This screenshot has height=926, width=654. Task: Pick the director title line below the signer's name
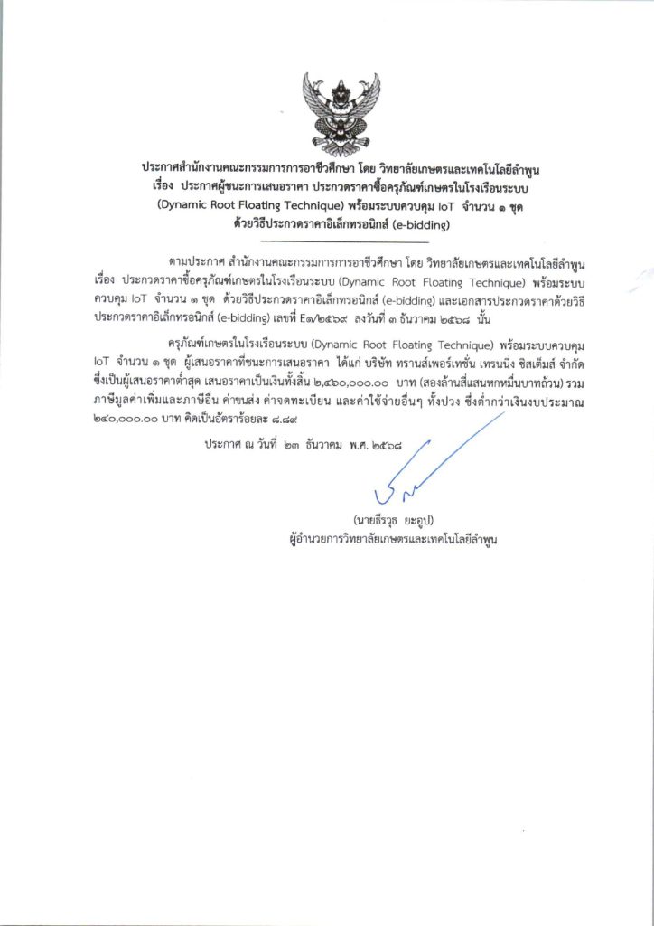coord(389,538)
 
